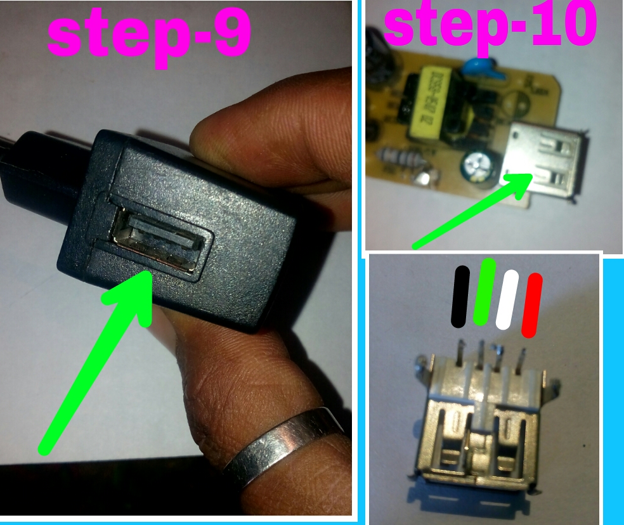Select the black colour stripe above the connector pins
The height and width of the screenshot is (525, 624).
[460, 297]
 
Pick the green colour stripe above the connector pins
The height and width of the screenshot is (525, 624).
[485, 292]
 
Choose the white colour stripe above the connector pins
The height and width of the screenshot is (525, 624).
[509, 300]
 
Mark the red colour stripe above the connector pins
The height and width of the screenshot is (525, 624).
[532, 304]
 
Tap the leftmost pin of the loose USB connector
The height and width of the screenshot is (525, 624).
[459, 353]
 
